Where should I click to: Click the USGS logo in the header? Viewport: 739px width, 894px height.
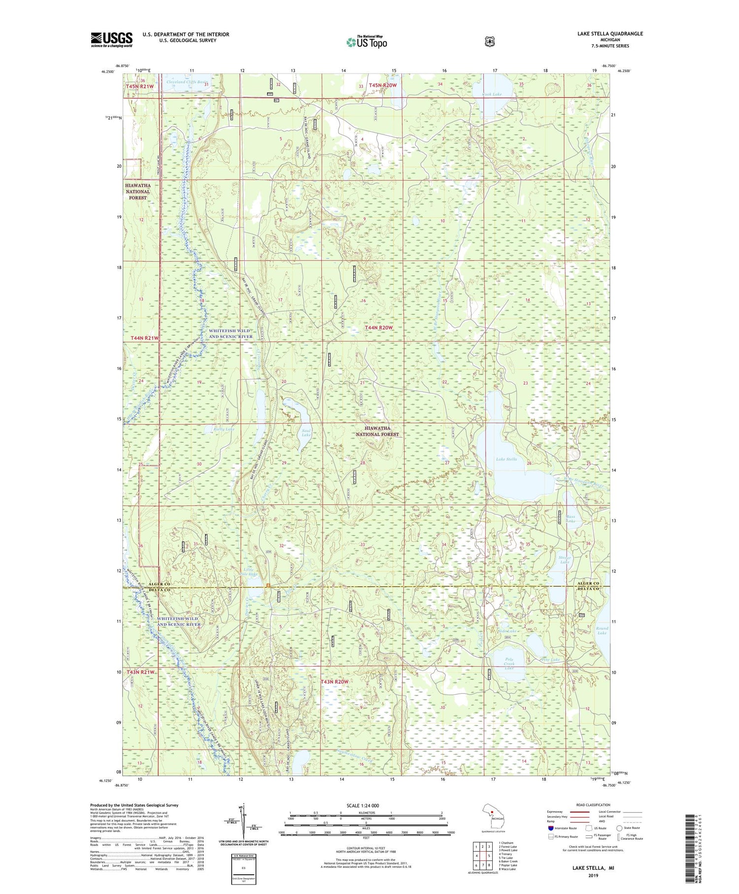111,39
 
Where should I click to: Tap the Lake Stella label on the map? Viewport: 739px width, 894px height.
506,459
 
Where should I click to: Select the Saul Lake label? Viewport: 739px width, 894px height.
306,433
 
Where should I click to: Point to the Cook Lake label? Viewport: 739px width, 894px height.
491,94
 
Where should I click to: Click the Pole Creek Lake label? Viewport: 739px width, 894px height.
509,663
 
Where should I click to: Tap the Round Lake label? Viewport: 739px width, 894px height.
602,631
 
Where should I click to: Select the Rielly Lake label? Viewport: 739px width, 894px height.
224,429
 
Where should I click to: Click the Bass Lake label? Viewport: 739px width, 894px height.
571,519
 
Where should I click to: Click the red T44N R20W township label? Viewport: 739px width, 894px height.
379,327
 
